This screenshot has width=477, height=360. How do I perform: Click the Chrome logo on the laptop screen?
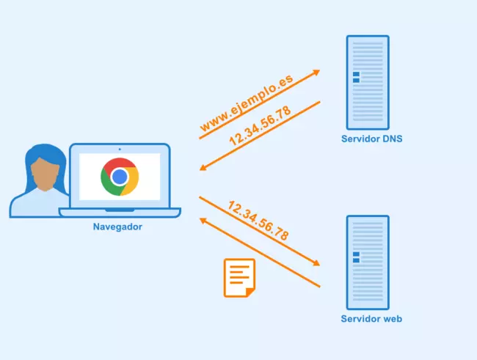120,176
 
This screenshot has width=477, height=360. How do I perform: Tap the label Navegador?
117,227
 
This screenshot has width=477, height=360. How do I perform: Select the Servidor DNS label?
371,139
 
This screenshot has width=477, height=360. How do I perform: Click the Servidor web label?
371,319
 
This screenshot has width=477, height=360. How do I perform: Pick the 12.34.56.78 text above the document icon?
258,221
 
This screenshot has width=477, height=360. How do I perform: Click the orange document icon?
239,277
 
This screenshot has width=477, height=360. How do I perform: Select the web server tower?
367,260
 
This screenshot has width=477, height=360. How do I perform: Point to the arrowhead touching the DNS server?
316,72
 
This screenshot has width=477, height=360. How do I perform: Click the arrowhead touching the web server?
316,263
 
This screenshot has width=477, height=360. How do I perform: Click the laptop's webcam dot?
120,149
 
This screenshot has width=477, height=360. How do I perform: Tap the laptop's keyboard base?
120,213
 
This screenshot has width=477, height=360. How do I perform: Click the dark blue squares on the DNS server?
356,78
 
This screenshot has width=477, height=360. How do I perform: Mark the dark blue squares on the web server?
356,257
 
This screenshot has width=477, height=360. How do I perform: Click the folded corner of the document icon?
250,292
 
